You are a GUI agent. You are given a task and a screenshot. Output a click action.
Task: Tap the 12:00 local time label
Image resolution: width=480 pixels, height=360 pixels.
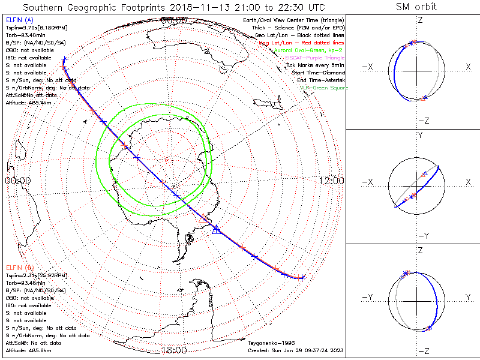(x=331, y=181)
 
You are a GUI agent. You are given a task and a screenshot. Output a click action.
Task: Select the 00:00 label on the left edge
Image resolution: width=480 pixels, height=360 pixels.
(x=18, y=181)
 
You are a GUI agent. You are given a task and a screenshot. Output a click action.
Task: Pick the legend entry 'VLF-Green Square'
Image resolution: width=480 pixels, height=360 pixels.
(x=323, y=88)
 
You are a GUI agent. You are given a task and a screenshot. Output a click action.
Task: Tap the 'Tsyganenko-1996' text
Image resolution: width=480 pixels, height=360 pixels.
(x=268, y=344)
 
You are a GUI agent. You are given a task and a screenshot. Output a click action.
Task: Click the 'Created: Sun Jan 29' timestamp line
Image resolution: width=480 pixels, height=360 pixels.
(x=295, y=350)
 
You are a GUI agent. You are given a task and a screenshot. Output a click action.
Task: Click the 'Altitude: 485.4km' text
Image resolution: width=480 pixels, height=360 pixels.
(x=28, y=102)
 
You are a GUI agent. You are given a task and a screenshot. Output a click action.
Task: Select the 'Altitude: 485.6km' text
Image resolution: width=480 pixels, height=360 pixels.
(x=28, y=350)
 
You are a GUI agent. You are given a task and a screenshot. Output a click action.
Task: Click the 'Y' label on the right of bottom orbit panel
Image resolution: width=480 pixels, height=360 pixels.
(x=467, y=297)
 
